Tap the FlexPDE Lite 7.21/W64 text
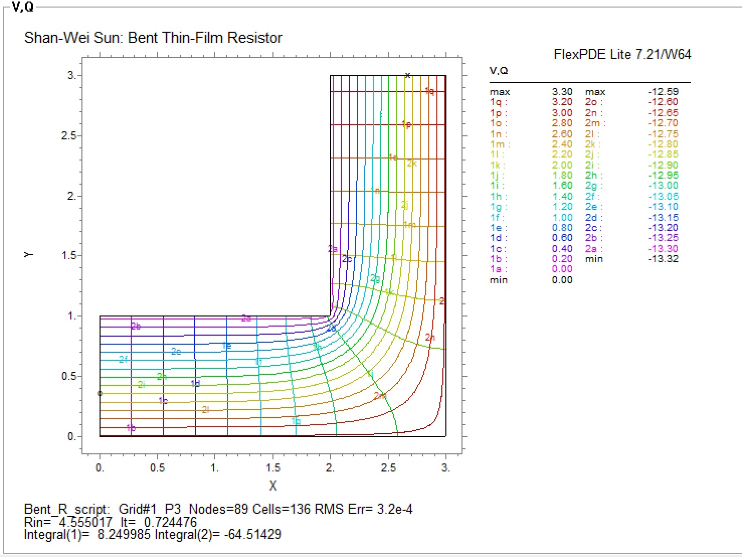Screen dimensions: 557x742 point(622,54)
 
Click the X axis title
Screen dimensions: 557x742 point(272,486)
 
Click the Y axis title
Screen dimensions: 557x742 point(29,255)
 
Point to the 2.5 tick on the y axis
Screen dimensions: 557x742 point(68,136)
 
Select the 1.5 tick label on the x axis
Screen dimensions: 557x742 point(273,467)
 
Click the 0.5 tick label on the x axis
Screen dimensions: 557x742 point(157,467)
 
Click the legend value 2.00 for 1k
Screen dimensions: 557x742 point(562,165)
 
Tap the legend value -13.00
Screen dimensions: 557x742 point(663,186)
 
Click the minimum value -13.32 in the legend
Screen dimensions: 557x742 point(663,259)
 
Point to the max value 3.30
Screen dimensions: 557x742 point(562,92)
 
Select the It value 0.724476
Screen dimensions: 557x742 point(170,522)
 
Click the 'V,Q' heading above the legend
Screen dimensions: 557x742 point(499,70)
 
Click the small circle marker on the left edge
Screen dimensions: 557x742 point(100,393)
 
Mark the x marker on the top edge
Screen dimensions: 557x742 point(408,75)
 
